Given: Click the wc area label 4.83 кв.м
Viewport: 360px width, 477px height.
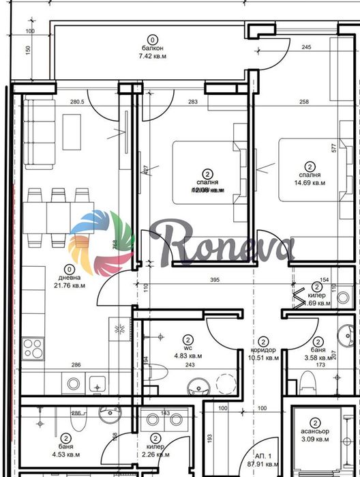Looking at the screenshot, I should (187, 355).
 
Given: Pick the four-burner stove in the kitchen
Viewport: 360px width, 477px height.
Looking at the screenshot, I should (33, 349).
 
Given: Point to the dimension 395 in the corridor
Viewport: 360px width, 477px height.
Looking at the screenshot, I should (213, 280).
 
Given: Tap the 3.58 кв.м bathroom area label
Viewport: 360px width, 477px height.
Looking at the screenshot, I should (316, 356).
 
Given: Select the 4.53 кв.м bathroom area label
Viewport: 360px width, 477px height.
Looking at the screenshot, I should (66, 454).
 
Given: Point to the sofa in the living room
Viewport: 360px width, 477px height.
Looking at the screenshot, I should (37, 133).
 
